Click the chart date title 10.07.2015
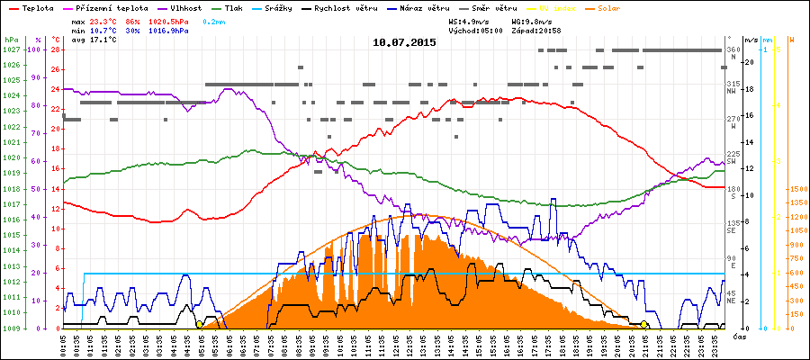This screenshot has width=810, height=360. pos(404,41)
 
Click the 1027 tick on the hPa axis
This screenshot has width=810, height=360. pos(11,50)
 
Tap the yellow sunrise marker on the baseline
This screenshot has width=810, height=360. pos(199,324)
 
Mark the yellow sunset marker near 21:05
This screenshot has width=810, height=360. pos(644,324)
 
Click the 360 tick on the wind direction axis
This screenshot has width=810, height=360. pos(733,49)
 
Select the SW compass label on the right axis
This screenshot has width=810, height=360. pos(733,161)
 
